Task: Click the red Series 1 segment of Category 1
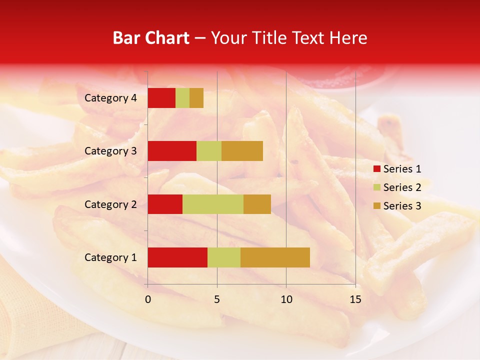[x=177, y=257]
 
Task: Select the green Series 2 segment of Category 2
[x=213, y=204]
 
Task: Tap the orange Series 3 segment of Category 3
[x=242, y=151]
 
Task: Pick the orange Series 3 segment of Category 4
[x=196, y=98]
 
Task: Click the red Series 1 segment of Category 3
[x=172, y=151]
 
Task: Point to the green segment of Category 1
[x=224, y=257]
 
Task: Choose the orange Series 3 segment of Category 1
[x=275, y=257]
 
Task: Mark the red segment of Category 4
[x=161, y=98]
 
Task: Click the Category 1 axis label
[x=110, y=257]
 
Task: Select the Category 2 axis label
[x=110, y=204]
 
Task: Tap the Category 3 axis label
[x=110, y=151]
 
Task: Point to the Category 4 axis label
[x=110, y=98]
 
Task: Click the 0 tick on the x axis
[x=148, y=299]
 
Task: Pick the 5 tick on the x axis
[x=217, y=299]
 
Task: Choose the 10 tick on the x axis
[x=286, y=299]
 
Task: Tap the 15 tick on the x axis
[x=355, y=299]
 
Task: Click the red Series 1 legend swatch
[x=376, y=169]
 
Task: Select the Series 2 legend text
[x=402, y=187]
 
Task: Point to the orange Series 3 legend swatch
[x=376, y=206]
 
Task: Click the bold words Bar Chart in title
[x=151, y=38]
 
